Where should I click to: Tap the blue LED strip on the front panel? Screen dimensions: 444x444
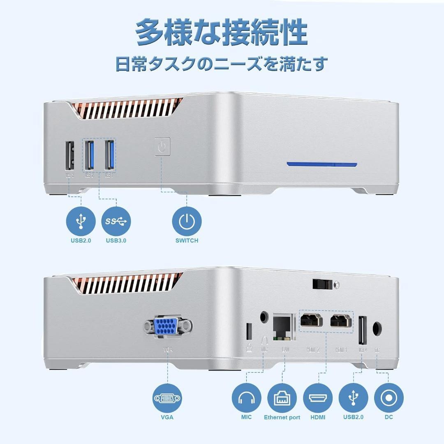(x=322, y=164)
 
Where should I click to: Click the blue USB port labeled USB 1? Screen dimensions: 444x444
(x=109, y=155)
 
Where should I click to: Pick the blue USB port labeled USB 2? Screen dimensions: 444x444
(x=90, y=155)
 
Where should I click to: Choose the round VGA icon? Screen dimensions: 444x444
(x=168, y=398)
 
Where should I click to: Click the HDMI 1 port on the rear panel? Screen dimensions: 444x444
(x=341, y=320)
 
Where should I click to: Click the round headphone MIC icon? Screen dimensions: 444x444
(x=247, y=398)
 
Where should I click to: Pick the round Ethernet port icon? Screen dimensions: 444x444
(x=282, y=398)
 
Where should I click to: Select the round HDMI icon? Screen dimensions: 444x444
(x=318, y=398)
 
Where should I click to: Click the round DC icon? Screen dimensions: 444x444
(x=388, y=398)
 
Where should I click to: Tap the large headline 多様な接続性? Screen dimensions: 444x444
(x=222, y=32)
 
